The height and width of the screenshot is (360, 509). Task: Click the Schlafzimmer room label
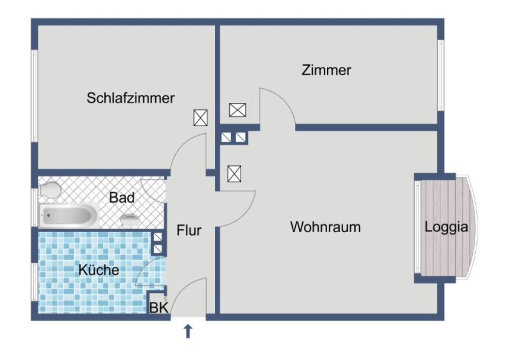click(130, 98)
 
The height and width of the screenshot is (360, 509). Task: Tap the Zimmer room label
click(326, 70)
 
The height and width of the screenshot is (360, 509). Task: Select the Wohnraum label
click(325, 227)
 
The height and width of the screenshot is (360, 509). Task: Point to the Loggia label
click(446, 228)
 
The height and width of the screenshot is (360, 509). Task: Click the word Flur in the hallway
click(189, 231)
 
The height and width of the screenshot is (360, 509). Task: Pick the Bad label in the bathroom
click(122, 198)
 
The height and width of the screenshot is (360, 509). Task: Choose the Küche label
click(99, 270)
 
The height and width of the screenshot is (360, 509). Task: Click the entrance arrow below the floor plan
click(188, 332)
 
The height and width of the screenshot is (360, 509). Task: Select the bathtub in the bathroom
click(70, 216)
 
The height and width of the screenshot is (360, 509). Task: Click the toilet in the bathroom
click(50, 190)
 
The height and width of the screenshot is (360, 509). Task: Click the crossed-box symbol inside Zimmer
click(237, 110)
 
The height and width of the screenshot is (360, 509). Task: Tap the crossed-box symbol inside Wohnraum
click(234, 174)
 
